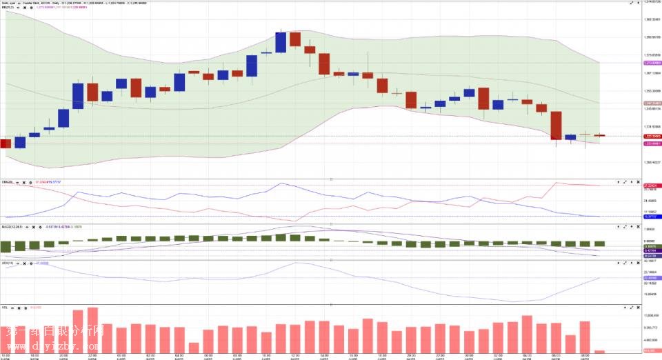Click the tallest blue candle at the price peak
281,42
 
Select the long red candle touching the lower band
556,126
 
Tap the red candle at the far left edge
4,143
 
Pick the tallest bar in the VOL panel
92,330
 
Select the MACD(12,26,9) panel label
12,226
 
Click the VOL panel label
5,307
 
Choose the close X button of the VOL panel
639,307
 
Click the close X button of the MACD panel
639,226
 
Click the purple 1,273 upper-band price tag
652,62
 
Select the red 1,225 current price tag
652,136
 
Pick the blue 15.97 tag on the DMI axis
652,217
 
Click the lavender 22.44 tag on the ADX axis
652,278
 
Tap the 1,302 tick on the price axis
652,19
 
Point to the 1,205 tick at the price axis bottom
652,162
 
